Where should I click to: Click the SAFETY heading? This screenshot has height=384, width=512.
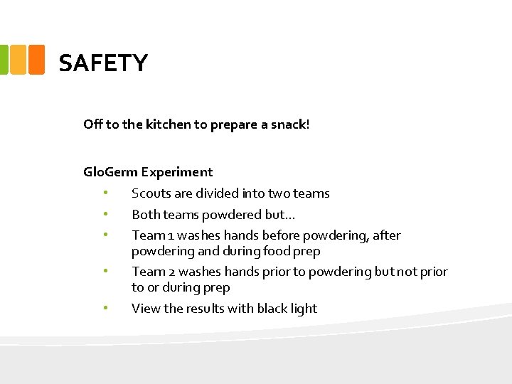tap(103, 63)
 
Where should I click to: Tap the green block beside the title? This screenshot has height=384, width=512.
tap(4, 60)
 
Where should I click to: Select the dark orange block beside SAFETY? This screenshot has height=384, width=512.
tap(36, 60)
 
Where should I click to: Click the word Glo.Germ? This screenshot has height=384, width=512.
tap(110, 171)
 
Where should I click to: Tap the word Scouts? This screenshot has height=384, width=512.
tap(151, 193)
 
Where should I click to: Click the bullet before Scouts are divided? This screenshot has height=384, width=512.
tap(105, 193)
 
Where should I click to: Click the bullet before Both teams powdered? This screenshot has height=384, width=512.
tap(105, 214)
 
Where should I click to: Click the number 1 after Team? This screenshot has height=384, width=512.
tap(171, 235)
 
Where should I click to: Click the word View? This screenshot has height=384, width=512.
tap(146, 309)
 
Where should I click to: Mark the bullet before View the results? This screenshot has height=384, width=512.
tap(105, 308)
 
